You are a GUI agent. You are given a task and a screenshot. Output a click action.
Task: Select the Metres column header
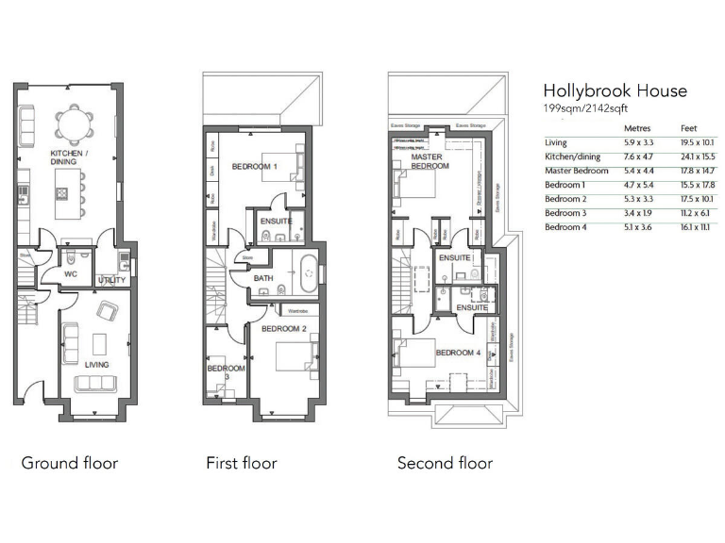(x=637, y=128)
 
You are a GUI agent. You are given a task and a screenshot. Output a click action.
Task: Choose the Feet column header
(x=689, y=128)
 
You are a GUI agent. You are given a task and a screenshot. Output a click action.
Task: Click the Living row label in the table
(x=556, y=143)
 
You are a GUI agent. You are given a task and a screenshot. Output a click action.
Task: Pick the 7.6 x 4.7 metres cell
(x=639, y=157)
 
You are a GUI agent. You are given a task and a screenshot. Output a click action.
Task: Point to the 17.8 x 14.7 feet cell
(x=696, y=172)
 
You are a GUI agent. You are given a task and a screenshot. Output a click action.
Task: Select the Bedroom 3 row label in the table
(x=565, y=214)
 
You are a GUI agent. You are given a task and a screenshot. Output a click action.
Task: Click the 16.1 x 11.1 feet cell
(x=695, y=228)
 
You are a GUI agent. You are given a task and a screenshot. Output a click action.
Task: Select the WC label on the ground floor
(x=69, y=275)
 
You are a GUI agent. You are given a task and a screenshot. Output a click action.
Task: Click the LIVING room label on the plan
(x=95, y=364)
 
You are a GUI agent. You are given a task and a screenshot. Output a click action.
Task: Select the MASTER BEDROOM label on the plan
(x=430, y=161)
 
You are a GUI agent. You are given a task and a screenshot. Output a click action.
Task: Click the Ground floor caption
(x=69, y=463)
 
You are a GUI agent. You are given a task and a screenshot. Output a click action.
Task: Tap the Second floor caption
(x=445, y=463)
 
